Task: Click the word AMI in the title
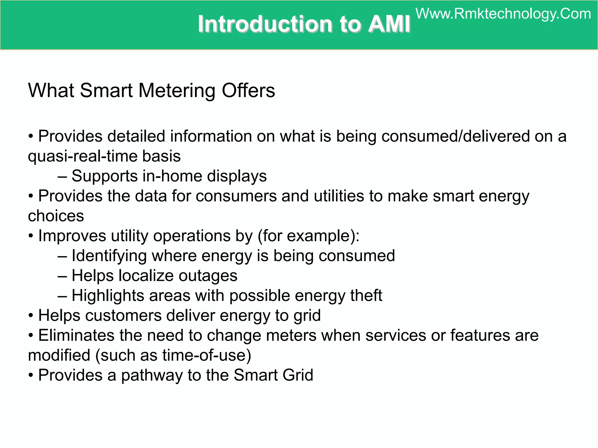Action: [389, 24]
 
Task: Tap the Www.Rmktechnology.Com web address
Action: [503, 14]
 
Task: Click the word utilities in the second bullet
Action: [339, 196]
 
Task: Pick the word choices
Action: [56, 216]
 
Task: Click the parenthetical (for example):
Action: [308, 236]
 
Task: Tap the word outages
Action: [208, 276]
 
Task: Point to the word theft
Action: [366, 295]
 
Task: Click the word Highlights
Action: [108, 296]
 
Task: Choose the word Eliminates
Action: [76, 335]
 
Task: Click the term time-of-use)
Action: [207, 355]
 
